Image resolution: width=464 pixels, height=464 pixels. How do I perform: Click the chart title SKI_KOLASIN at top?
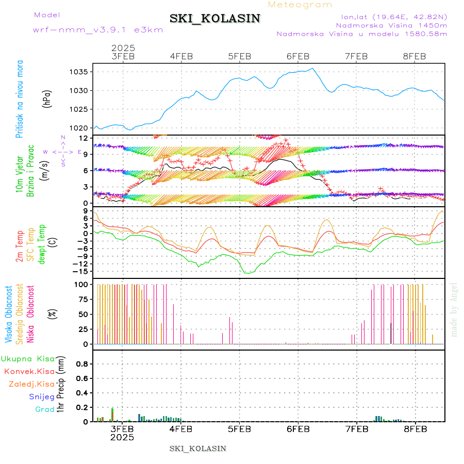click(x=215, y=19)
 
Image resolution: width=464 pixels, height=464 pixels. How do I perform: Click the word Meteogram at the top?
click(x=301, y=5)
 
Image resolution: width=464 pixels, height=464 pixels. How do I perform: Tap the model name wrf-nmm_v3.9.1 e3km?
click(x=98, y=29)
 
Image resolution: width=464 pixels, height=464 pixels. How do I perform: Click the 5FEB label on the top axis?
click(x=239, y=56)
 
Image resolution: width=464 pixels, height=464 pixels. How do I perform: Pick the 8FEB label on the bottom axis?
click(x=415, y=428)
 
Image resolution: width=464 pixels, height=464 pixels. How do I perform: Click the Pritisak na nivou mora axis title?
click(x=20, y=98)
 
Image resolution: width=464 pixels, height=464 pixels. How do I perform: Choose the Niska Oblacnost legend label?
click(x=31, y=314)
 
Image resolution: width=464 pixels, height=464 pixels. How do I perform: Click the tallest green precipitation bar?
click(x=112, y=415)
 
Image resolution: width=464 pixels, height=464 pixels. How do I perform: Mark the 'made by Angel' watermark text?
click(x=454, y=309)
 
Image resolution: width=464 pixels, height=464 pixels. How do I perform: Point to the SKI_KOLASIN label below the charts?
click(x=198, y=448)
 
